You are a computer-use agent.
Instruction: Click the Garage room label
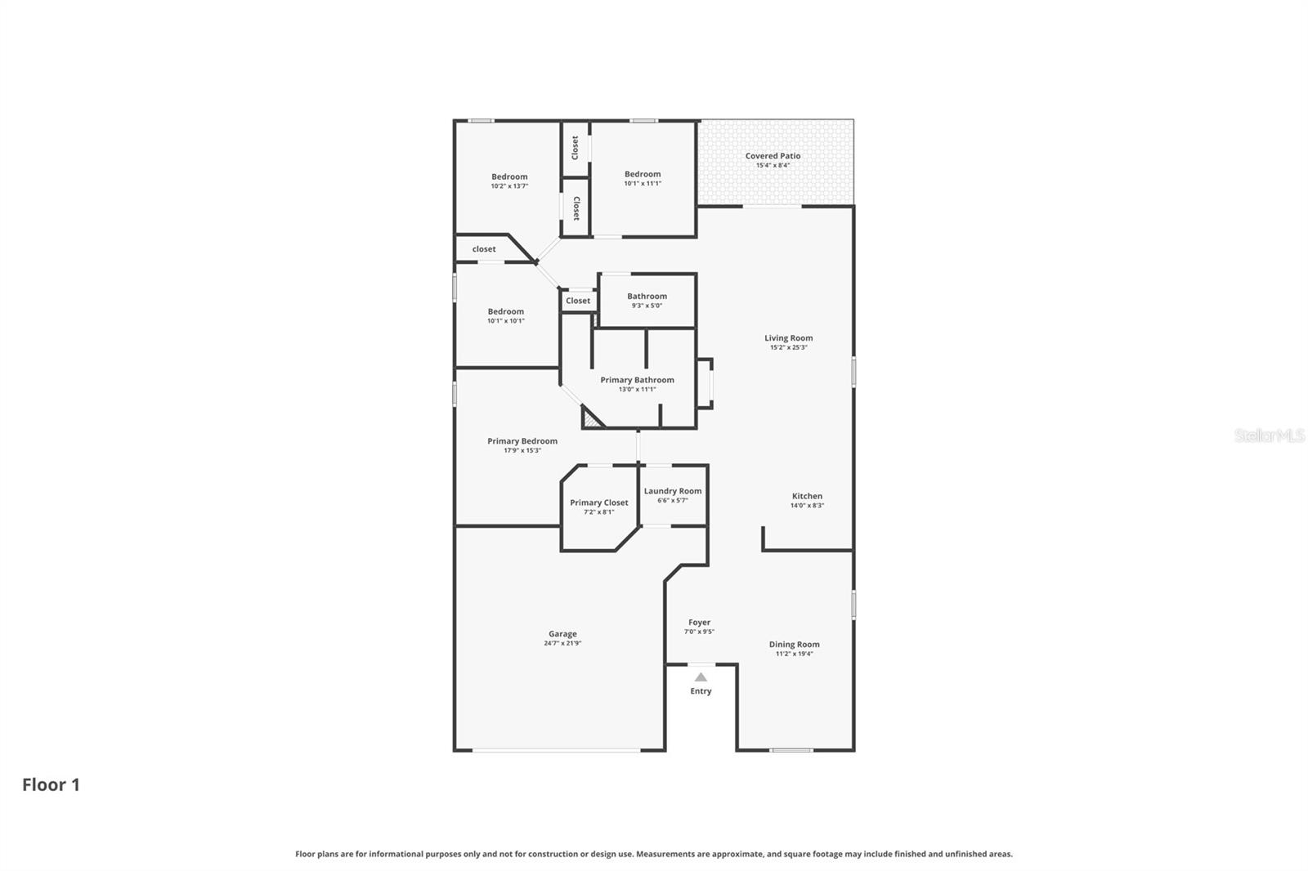[x=562, y=633]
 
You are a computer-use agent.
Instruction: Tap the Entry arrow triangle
[x=701, y=677]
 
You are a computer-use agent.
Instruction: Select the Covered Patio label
[x=773, y=155]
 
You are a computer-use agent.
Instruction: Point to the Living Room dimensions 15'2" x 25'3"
[x=788, y=347]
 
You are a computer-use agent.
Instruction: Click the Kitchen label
[x=807, y=496]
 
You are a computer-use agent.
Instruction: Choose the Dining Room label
[x=794, y=644]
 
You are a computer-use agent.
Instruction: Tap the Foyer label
[x=699, y=622]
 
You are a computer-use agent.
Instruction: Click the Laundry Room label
[x=672, y=491]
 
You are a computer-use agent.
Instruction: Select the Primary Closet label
[x=599, y=502]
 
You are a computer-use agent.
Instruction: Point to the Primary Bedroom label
[x=522, y=440]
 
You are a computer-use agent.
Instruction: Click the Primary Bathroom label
[x=637, y=380]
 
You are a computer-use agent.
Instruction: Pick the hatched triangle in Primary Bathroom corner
[x=590, y=420]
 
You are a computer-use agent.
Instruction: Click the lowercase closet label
[x=484, y=249]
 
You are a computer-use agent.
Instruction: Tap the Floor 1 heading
[x=51, y=784]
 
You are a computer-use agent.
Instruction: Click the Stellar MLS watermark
[x=1269, y=435]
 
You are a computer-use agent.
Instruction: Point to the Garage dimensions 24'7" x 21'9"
[x=562, y=643]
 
